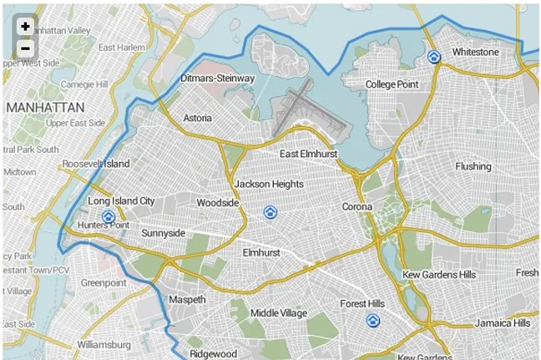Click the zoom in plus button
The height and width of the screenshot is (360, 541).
pyautogui.click(x=25, y=27)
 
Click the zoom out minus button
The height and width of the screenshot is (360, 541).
pyautogui.click(x=25, y=48)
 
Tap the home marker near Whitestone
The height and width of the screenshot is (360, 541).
pyautogui.click(x=433, y=57)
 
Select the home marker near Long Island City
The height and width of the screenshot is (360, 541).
pyautogui.click(x=107, y=216)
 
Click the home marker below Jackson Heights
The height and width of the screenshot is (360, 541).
pyautogui.click(x=269, y=212)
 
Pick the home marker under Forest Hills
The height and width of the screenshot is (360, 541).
pyautogui.click(x=372, y=321)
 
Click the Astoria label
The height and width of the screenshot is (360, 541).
pyautogui.click(x=197, y=118)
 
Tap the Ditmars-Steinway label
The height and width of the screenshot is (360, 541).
pyautogui.click(x=218, y=79)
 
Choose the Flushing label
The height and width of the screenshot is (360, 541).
pyautogui.click(x=473, y=166)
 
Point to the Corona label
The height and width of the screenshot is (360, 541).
pyautogui.click(x=357, y=206)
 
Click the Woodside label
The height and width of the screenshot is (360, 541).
pyautogui.click(x=218, y=202)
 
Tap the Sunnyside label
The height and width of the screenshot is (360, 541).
pyautogui.click(x=163, y=233)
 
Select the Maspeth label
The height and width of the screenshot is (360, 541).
pyautogui.click(x=186, y=298)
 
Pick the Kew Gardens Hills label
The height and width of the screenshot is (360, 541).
pyautogui.click(x=438, y=274)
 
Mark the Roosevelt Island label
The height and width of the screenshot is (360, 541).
pyautogui.click(x=96, y=164)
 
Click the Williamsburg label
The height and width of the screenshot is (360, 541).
pyautogui.click(x=104, y=344)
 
